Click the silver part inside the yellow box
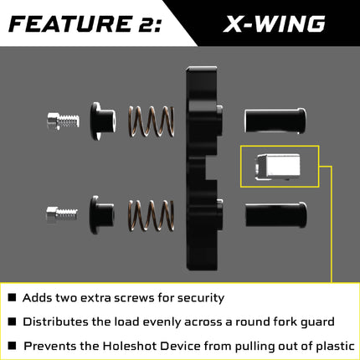279,167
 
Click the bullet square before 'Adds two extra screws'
12,297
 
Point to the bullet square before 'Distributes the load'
12,321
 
